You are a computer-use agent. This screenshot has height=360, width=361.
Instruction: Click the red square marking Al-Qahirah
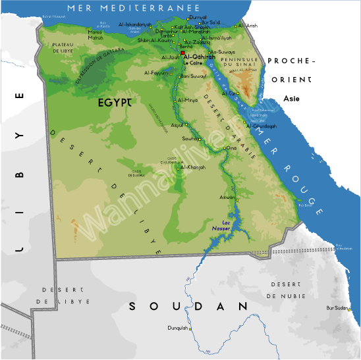(x=182, y=53)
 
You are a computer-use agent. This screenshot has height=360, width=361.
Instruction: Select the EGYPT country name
(x=116, y=103)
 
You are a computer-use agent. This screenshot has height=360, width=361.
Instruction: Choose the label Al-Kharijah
(x=193, y=167)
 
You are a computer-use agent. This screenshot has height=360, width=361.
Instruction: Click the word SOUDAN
(x=188, y=306)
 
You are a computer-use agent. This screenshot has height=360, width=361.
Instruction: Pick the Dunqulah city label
(x=178, y=328)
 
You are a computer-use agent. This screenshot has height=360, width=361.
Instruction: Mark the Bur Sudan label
(x=336, y=307)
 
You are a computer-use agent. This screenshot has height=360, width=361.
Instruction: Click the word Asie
(x=291, y=98)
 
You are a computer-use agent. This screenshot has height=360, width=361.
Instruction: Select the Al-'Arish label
(x=248, y=25)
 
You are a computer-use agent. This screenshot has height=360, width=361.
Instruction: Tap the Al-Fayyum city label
(x=156, y=73)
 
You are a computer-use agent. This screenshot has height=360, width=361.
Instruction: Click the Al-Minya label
(x=188, y=99)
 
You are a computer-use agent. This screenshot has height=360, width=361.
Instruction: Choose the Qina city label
(x=231, y=148)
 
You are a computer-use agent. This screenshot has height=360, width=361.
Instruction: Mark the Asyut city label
(x=177, y=124)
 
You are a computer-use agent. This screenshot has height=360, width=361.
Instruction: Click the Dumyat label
(x=198, y=17)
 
